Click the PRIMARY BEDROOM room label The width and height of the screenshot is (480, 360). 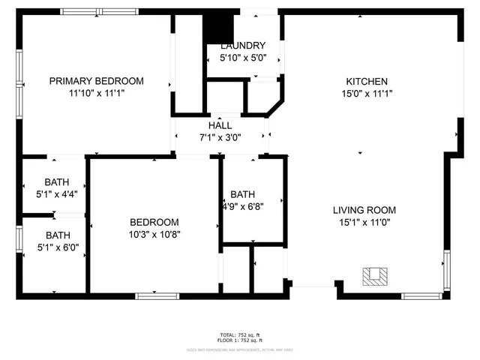pyautogui.click(x=96, y=81)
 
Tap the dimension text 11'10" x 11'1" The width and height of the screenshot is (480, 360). pyautogui.click(x=96, y=94)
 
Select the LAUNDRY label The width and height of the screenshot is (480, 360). pyautogui.click(x=242, y=45)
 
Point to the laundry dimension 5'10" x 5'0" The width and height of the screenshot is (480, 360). pyautogui.click(x=242, y=57)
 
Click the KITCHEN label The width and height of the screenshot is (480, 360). pyautogui.click(x=366, y=82)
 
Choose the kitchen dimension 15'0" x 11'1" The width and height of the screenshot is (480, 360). pyautogui.click(x=366, y=94)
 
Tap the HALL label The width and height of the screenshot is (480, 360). pyautogui.click(x=220, y=126)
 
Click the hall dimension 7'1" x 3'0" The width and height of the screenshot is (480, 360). pyautogui.click(x=220, y=138)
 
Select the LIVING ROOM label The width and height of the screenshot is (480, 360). pyautogui.click(x=364, y=210)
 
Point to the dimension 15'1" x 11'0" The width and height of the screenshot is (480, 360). pyautogui.click(x=364, y=222)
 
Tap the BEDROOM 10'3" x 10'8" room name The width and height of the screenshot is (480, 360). pyautogui.click(x=154, y=222)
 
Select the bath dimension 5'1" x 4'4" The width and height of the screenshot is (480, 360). pyautogui.click(x=56, y=193)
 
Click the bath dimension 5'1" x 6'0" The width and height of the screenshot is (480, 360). pyautogui.click(x=58, y=247)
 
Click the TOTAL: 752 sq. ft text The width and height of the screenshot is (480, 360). pyautogui.click(x=240, y=334)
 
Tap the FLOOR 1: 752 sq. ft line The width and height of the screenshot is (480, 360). pyautogui.click(x=240, y=340)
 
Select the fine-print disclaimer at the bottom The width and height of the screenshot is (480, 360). pyautogui.click(x=240, y=349)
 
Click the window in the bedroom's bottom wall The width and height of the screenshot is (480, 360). pyautogui.click(x=157, y=295)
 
